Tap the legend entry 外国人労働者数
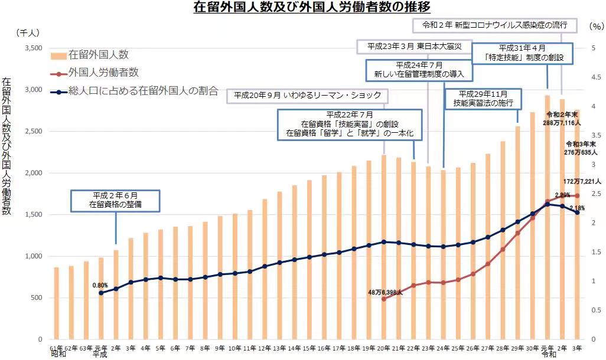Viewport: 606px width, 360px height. (x=103, y=73)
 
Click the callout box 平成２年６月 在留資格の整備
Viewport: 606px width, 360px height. (x=116, y=201)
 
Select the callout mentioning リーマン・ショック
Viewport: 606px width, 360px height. (x=307, y=96)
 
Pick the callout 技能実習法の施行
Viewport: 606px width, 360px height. (x=483, y=98)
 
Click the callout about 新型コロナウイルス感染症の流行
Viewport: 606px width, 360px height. (x=494, y=25)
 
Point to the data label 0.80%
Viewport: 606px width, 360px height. (x=100, y=285)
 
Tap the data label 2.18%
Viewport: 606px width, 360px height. (x=577, y=208)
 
